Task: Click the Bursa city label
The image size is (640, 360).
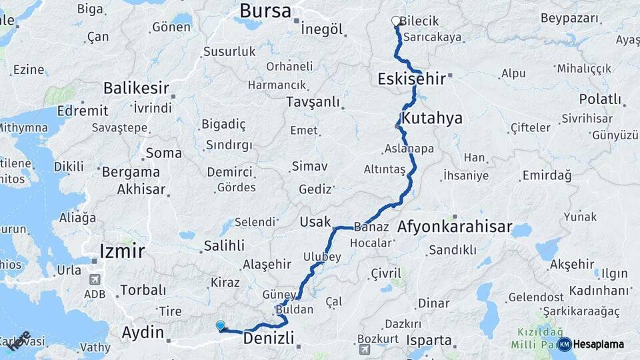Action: pos(265,11)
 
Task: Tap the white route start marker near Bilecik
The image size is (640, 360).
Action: pos(396,21)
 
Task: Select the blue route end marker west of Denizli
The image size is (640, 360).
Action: pos(221,325)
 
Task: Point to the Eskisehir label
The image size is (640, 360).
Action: pos(411,79)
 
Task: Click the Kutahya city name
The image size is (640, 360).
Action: pos(433,118)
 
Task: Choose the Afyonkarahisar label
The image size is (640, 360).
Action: pos(454,227)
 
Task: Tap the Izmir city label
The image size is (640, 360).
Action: pos(121,251)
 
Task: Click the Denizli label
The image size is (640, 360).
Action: pos(269,339)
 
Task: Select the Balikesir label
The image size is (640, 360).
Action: pos(136,88)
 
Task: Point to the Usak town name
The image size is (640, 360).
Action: pos(315,221)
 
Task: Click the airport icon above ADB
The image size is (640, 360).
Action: pos(94,279)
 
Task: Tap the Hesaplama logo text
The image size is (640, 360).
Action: pos(598,345)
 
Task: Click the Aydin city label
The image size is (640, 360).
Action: pos(143,332)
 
